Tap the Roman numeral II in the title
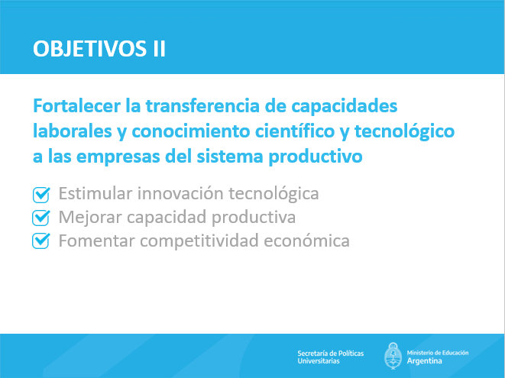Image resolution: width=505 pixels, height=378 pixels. (159, 49)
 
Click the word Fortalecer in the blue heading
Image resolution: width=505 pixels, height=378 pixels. (76, 105)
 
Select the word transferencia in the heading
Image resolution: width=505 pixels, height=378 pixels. (202, 105)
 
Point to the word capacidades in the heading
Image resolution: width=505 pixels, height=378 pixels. (345, 107)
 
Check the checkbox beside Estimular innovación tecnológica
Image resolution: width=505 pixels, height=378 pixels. (41, 195)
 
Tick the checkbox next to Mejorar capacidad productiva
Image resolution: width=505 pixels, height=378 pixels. (41, 218)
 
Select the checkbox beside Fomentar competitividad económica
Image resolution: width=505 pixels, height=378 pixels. (41, 241)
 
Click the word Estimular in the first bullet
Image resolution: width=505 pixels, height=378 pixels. (95, 193)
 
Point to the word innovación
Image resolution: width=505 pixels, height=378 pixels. (180, 193)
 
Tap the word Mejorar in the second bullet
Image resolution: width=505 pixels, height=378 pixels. (90, 217)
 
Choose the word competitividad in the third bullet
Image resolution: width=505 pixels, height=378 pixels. (199, 241)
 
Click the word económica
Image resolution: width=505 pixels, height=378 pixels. (306, 241)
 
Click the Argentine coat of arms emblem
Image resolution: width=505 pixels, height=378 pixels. (393, 356)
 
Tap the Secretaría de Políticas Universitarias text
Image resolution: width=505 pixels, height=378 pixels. (331, 357)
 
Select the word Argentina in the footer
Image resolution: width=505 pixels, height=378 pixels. (424, 361)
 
